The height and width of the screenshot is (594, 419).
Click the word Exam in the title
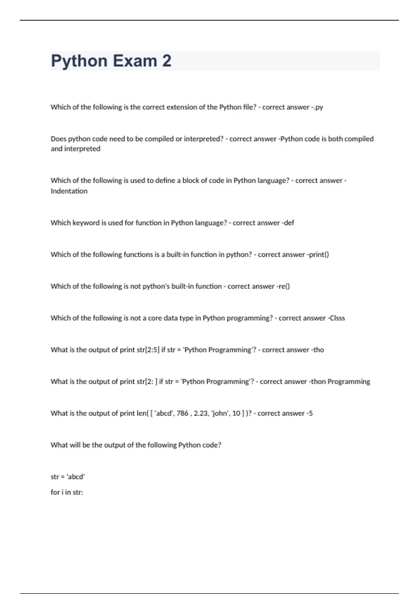(135, 61)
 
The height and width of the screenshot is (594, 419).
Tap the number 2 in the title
(167, 61)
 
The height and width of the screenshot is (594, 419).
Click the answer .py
(318, 107)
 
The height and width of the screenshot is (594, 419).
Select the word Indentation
(69, 191)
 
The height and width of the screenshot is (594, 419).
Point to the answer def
(289, 223)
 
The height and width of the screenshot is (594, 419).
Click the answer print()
(319, 255)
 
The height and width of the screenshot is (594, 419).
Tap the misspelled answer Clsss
(337, 318)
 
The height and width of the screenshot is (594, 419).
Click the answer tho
(318, 350)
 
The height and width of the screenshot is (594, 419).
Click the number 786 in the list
(182, 413)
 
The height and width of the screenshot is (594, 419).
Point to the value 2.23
(201, 413)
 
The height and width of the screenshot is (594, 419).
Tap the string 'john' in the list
(220, 413)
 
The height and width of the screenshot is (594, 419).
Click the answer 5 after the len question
(311, 413)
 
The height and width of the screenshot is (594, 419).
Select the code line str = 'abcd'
(68, 477)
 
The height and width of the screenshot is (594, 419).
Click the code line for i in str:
(67, 492)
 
